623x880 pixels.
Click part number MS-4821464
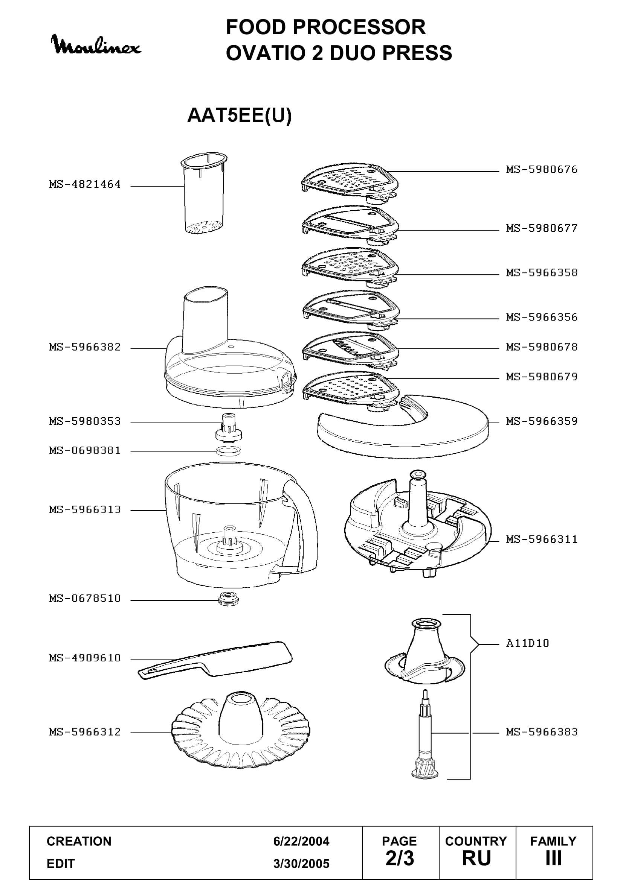pyautogui.click(x=85, y=184)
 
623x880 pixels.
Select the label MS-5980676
pyautogui.click(x=542, y=170)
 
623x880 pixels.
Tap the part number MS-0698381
pyautogui.click(x=85, y=451)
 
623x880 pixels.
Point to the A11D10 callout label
pyautogui.click(x=527, y=643)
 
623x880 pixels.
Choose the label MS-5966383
pyautogui.click(x=542, y=732)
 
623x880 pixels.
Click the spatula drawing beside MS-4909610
pyautogui.click(x=215, y=660)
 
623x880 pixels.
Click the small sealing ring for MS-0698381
pyautogui.click(x=228, y=451)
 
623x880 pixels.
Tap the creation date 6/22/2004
pyautogui.click(x=301, y=841)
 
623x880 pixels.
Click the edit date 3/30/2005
pyautogui.click(x=301, y=864)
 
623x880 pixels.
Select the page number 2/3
pyautogui.click(x=400, y=859)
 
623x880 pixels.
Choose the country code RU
pyautogui.click(x=476, y=859)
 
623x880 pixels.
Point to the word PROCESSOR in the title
pyautogui.click(x=359, y=27)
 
